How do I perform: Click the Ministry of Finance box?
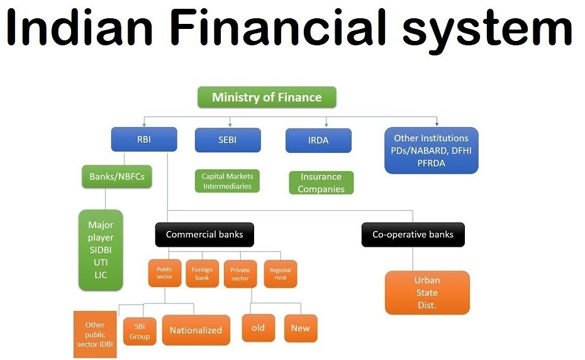267,97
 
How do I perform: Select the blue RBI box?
144,139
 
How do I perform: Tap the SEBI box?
228,140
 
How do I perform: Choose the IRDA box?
318,140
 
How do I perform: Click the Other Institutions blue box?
432,150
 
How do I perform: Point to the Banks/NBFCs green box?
117,177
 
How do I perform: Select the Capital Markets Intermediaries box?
227,181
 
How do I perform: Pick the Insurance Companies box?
321,183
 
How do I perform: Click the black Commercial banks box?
204,235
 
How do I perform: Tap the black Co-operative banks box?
413,235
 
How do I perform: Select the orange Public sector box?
165,273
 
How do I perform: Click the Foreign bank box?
202,274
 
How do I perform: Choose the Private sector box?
240,274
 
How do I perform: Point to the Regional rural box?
281,274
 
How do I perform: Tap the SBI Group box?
140,331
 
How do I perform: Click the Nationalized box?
196,330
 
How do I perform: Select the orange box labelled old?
258,328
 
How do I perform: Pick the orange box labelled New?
301,329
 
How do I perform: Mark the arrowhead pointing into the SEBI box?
230,125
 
